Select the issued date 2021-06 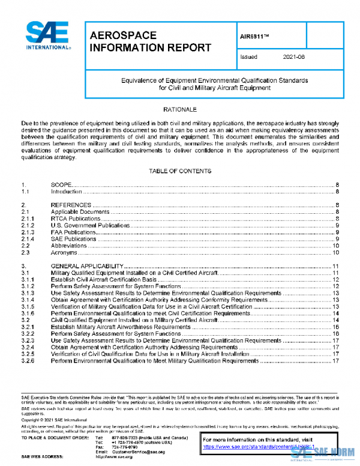pyautogui.click(x=295, y=57)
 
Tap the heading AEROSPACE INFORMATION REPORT pyautogui.click(x=149, y=41)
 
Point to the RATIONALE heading pyautogui.click(x=179, y=110)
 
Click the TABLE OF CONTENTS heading pyautogui.click(x=179, y=171)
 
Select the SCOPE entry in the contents pyautogui.click(x=62, y=184)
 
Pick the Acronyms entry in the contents pyautogui.click(x=65, y=252)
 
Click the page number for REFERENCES pyautogui.click(x=338, y=205)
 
